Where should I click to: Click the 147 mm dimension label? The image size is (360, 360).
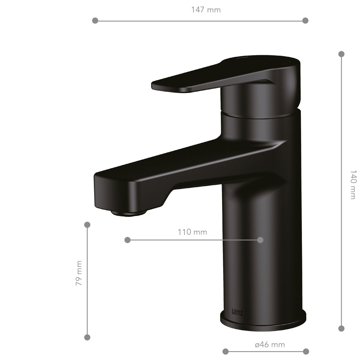(206, 10)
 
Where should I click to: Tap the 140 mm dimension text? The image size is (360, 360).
(353, 184)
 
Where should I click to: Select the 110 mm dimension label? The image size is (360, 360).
(192, 232)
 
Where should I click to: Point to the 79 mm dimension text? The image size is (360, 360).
(79, 273)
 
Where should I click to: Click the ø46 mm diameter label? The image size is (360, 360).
(270, 344)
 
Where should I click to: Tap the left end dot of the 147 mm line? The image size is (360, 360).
(95, 21)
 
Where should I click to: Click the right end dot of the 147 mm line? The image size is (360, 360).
(305, 21)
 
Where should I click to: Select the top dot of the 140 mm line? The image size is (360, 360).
(341, 54)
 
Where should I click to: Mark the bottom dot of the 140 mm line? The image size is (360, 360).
(341, 328)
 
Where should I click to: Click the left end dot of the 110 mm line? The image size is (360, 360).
(127, 240)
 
